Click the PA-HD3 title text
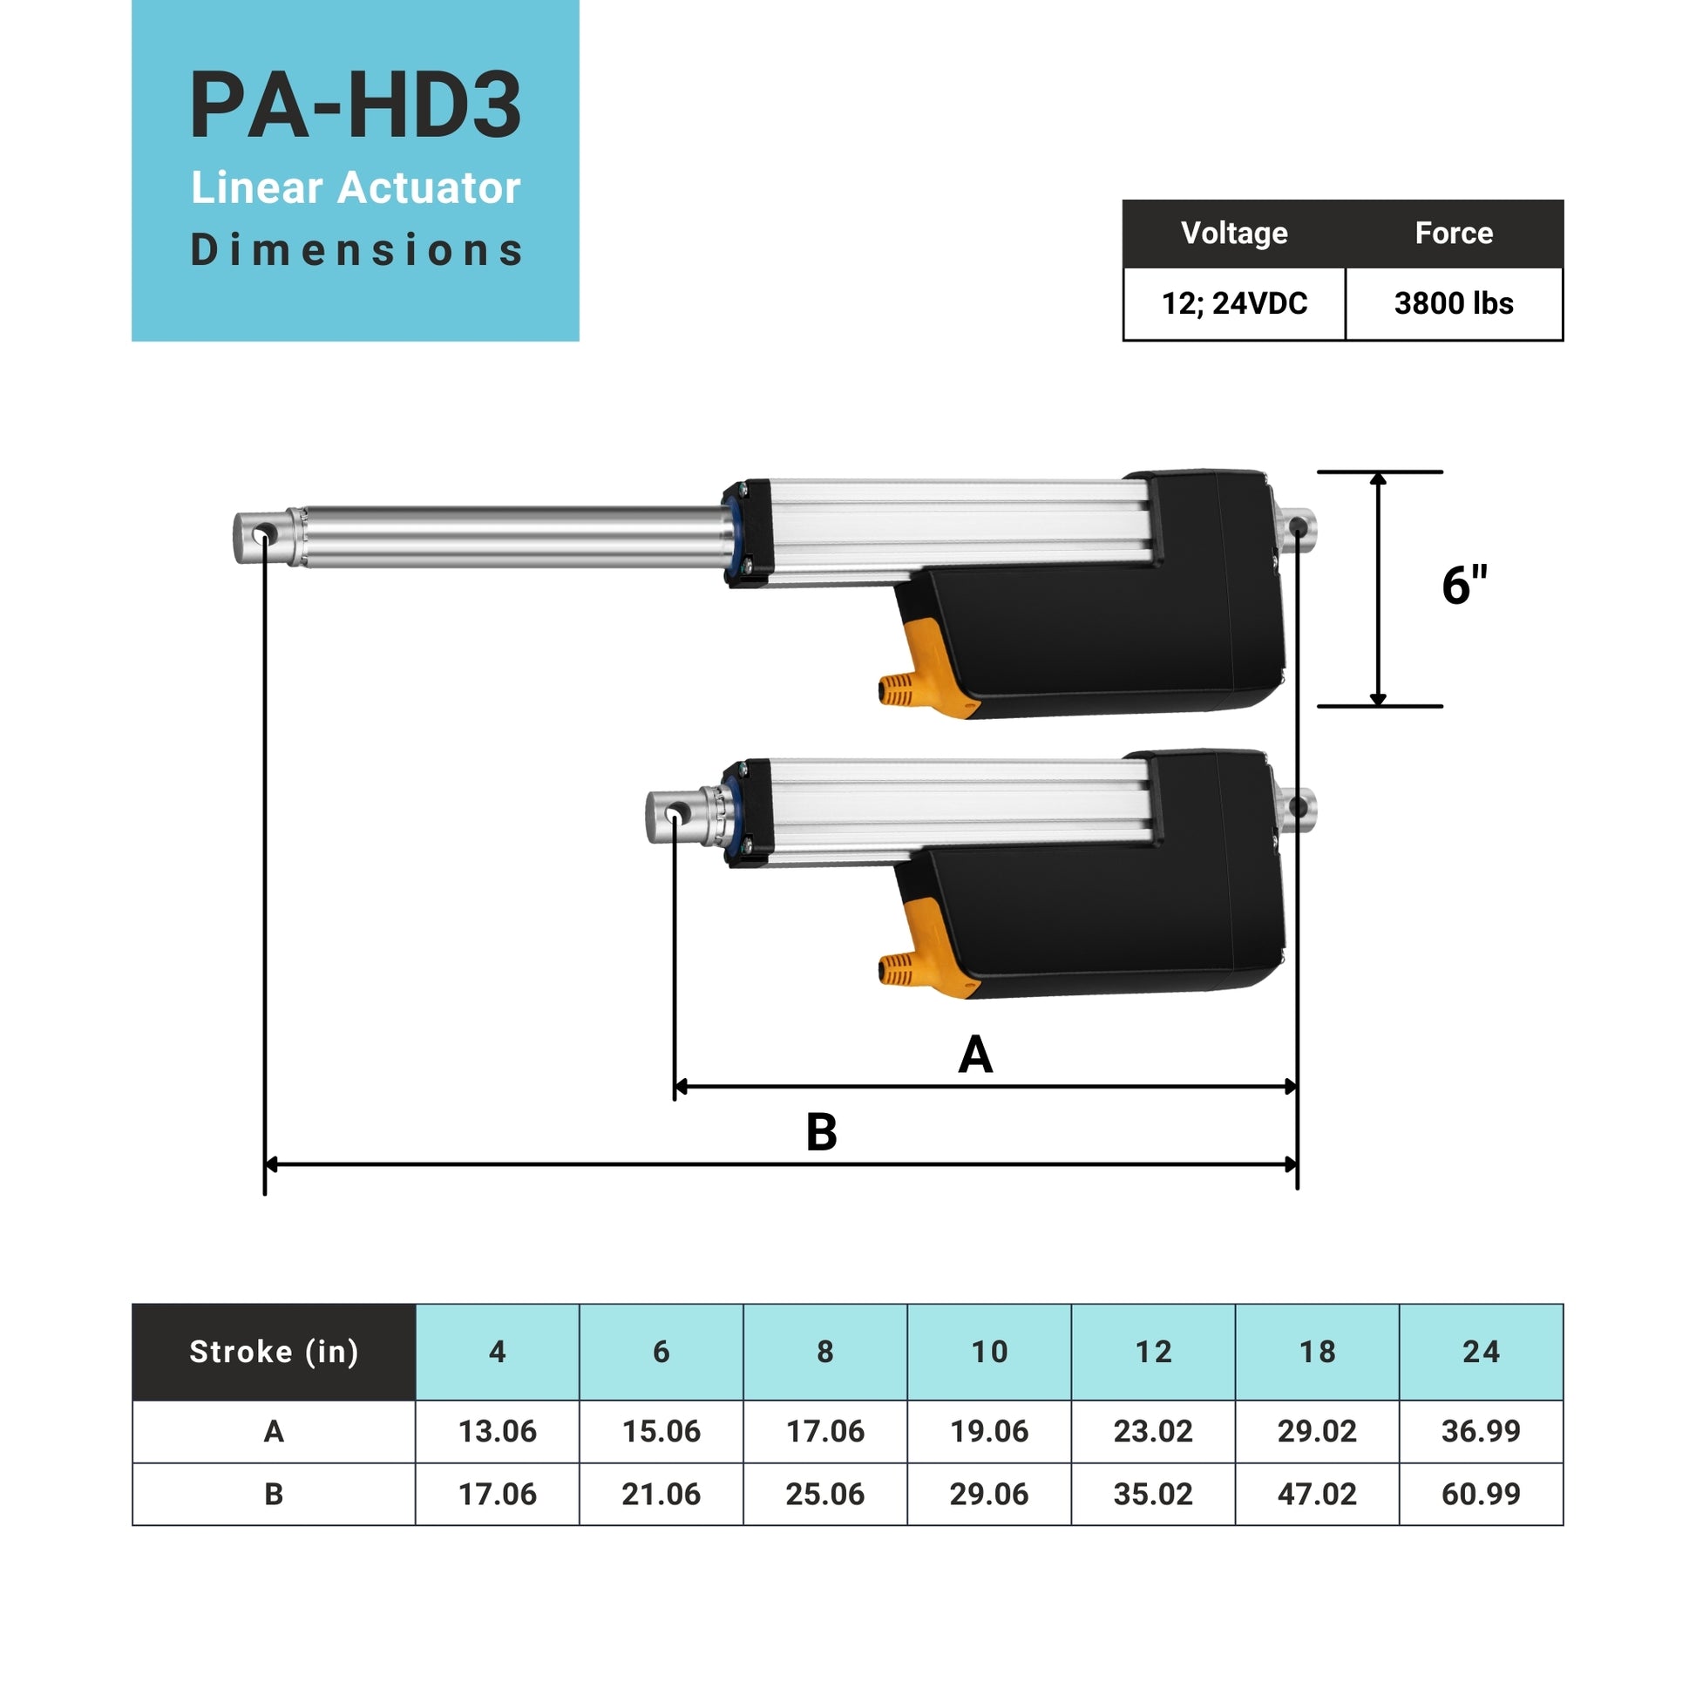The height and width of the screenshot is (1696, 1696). (x=356, y=106)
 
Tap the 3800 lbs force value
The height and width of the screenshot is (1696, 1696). (x=1453, y=304)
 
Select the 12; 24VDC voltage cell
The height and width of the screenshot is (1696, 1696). (x=1233, y=304)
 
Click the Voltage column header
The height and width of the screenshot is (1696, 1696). (x=1233, y=234)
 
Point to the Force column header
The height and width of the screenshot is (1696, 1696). (x=1453, y=234)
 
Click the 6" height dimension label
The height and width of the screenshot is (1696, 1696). (x=1464, y=586)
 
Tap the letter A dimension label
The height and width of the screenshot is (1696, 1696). (x=975, y=1055)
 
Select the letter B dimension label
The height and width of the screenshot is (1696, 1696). (x=821, y=1132)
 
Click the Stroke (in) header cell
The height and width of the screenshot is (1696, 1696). (x=274, y=1352)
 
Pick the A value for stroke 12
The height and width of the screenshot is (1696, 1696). (x=1153, y=1432)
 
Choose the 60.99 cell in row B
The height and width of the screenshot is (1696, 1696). (x=1480, y=1494)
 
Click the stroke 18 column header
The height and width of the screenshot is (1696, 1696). (x=1317, y=1352)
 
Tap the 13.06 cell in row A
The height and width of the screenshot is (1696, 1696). (x=497, y=1432)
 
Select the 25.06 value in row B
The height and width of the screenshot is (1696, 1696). (x=824, y=1494)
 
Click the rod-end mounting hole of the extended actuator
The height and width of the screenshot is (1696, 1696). (x=261, y=534)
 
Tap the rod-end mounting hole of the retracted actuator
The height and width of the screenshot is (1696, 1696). (x=675, y=816)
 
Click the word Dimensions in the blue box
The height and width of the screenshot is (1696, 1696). (x=356, y=250)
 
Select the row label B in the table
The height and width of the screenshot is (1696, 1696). (x=274, y=1494)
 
